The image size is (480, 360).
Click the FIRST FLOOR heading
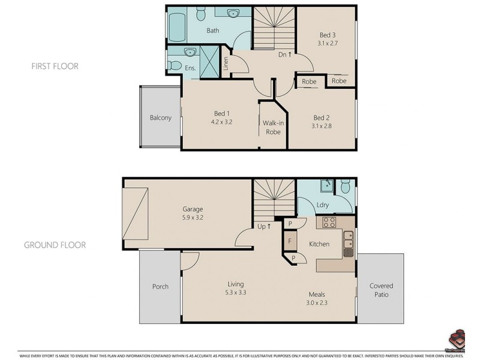point(55,66)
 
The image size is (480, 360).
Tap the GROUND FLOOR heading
point(55,245)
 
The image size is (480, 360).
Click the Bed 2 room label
point(322,118)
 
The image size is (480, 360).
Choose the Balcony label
point(161,118)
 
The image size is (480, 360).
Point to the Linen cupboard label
point(226,63)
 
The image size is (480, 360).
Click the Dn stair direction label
point(285,55)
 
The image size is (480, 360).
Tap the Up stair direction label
point(265,226)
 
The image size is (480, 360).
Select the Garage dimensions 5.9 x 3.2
point(193,218)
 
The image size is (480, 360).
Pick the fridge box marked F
point(290,241)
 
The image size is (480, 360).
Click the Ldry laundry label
point(323,205)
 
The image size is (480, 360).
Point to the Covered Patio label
point(381,290)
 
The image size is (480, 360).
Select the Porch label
point(160,286)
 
